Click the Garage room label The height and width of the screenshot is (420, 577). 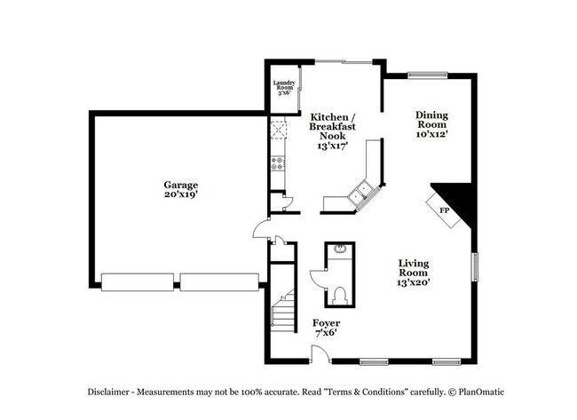click(180, 185)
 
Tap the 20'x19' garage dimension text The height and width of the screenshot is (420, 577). click(180, 194)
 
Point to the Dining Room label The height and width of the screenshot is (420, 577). click(431, 119)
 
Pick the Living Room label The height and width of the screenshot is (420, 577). click(414, 268)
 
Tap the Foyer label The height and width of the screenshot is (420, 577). click(326, 322)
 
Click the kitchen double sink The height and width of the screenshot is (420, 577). click(361, 192)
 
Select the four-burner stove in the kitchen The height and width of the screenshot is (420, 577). click(277, 163)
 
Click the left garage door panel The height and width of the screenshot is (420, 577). click(138, 282)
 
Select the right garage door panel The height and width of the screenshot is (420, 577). click(217, 282)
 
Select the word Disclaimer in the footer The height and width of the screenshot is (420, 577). click(111, 392)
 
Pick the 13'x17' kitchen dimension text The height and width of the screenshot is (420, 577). click(333, 146)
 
